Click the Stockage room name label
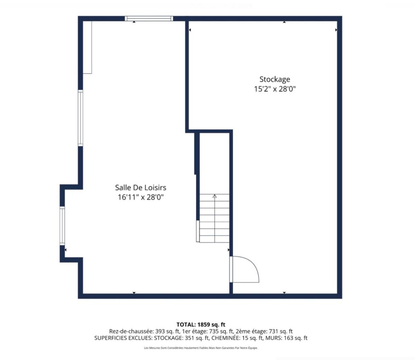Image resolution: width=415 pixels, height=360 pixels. pyautogui.click(x=275, y=80)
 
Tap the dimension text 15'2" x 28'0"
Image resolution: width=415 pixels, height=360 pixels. pyautogui.click(x=275, y=89)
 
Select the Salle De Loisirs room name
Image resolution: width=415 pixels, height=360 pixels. pyautogui.click(x=140, y=187)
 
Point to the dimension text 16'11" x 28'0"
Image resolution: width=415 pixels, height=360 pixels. pyautogui.click(x=140, y=197)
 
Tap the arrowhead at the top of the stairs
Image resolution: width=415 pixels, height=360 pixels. pyautogui.click(x=215, y=196)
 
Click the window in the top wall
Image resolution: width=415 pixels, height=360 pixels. pyautogui.click(x=149, y=19)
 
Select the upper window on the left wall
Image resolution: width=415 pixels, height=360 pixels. pyautogui.click(x=81, y=118)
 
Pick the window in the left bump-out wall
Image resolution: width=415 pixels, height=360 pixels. pyautogui.click(x=62, y=226)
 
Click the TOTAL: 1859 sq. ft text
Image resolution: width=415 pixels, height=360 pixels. pyautogui.click(x=201, y=325)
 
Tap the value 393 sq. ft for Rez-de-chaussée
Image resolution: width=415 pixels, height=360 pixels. pyautogui.click(x=167, y=331)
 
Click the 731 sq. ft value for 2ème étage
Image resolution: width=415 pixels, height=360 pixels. pyautogui.click(x=281, y=331)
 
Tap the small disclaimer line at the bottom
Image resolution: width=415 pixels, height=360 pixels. pyautogui.click(x=201, y=348)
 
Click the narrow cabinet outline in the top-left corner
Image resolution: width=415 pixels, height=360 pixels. pyautogui.click(x=87, y=47)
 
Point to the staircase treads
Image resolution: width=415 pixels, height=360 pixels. pyautogui.click(x=214, y=218)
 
